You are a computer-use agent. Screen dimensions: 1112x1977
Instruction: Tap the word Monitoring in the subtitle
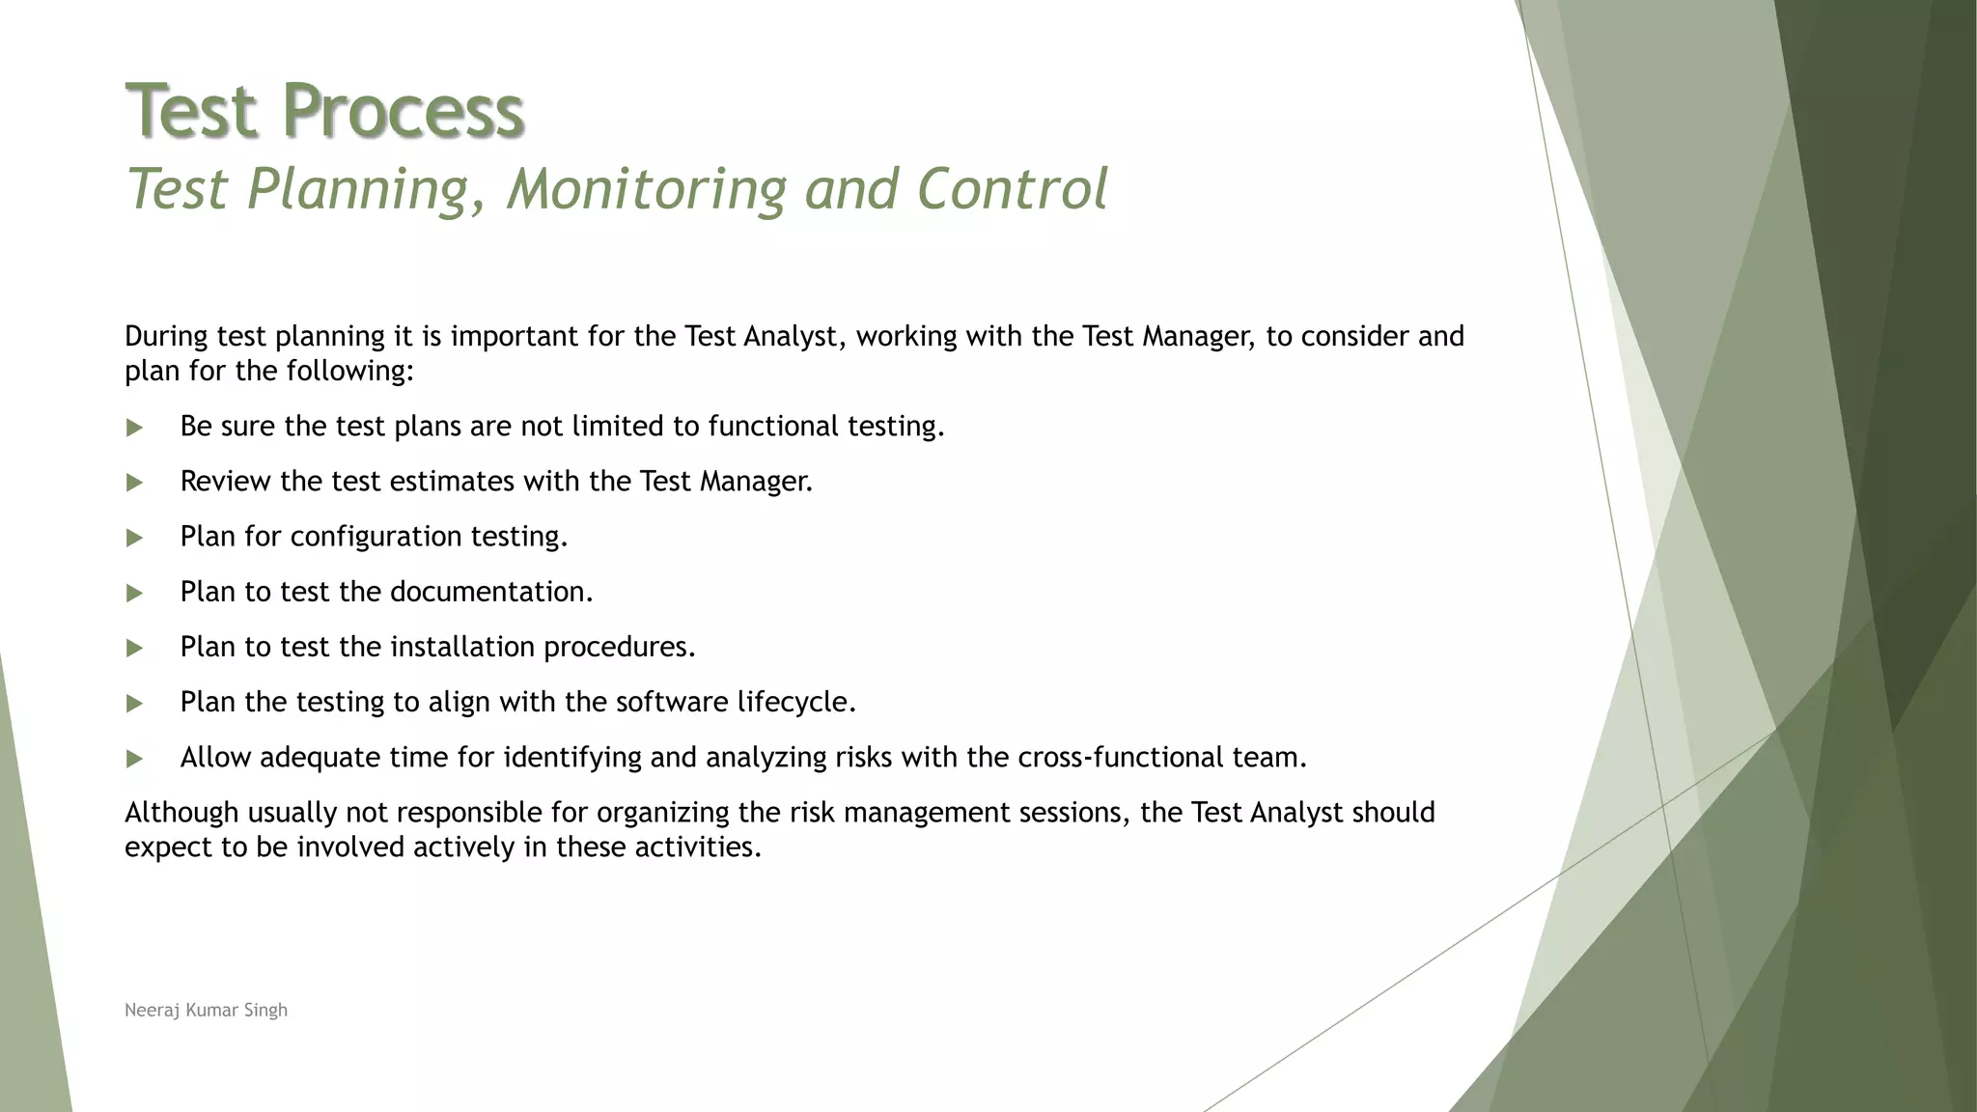click(x=647, y=188)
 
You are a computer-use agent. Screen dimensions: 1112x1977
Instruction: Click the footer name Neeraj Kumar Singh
click(x=206, y=1010)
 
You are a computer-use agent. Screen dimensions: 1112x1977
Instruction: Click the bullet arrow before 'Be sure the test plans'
click(x=134, y=428)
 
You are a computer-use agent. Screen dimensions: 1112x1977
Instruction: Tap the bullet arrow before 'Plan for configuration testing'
click(x=134, y=538)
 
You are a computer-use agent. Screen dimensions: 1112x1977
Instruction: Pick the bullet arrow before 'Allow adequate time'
click(x=134, y=759)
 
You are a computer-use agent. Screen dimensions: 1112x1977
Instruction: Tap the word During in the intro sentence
click(x=166, y=336)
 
